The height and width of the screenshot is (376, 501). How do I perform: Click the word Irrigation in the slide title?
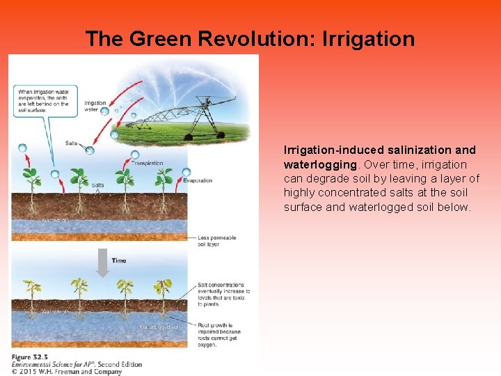click(369, 39)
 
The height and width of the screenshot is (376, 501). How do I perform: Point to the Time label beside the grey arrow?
click(119, 260)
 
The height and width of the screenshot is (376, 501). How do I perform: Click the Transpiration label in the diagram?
click(146, 164)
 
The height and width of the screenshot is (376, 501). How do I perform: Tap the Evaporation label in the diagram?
click(198, 180)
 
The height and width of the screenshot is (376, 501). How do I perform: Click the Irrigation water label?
click(95, 105)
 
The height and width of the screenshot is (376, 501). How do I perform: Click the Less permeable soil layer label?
click(217, 241)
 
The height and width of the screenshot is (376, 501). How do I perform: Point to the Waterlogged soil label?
click(159, 327)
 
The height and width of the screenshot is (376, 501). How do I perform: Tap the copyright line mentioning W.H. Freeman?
click(66, 372)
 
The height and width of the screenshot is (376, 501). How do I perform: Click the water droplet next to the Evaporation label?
click(186, 172)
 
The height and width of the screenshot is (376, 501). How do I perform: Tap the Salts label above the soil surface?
click(71, 143)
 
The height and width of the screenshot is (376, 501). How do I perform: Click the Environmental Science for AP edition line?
click(77, 364)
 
